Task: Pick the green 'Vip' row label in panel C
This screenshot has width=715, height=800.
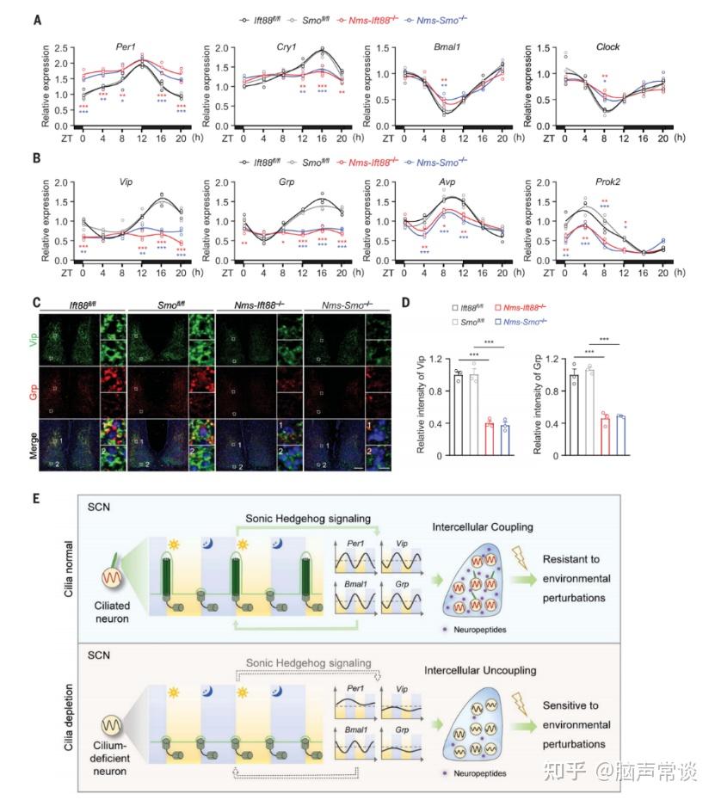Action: click(37, 332)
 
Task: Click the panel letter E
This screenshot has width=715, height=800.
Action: click(36, 499)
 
